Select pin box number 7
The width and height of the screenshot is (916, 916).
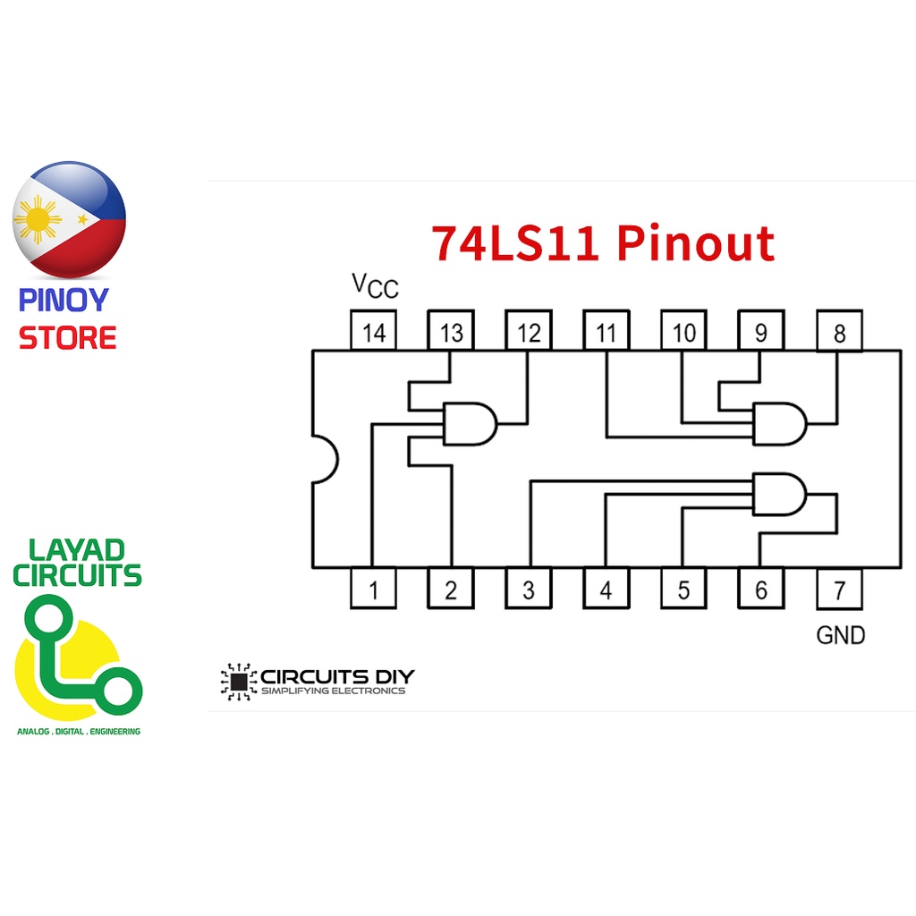[839, 589]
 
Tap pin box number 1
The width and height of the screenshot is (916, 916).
[373, 589]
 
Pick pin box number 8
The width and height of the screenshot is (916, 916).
[839, 333]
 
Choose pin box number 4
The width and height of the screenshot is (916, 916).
[606, 589]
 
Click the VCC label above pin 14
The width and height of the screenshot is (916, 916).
[375, 286]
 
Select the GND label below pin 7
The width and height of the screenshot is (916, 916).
[841, 635]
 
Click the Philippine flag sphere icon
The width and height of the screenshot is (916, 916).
[69, 220]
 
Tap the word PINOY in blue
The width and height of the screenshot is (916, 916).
[64, 301]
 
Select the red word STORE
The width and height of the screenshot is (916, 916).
[68, 338]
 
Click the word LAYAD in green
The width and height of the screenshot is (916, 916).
[77, 549]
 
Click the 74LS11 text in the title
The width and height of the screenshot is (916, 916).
[515, 242]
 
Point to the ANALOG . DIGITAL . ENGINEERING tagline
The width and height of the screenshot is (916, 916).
[79, 732]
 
